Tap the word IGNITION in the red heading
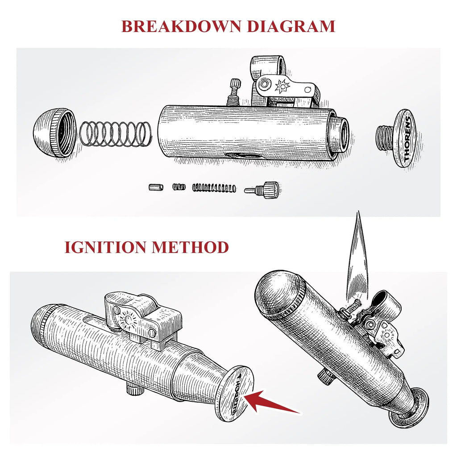pos(104,246)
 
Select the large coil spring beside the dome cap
pos(116,133)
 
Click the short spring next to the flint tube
pos(179,187)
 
